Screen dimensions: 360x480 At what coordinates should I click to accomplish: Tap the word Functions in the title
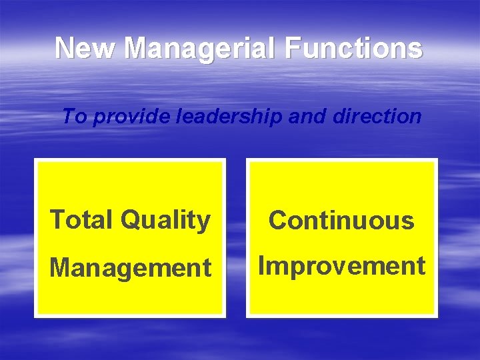(360, 48)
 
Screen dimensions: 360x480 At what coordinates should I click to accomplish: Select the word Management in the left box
(131, 268)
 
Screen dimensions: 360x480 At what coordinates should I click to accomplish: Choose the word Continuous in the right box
(341, 220)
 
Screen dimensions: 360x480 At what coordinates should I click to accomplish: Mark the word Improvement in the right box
(341, 266)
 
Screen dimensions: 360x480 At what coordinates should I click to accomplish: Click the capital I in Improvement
(262, 265)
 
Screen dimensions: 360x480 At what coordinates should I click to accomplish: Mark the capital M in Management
(60, 267)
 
